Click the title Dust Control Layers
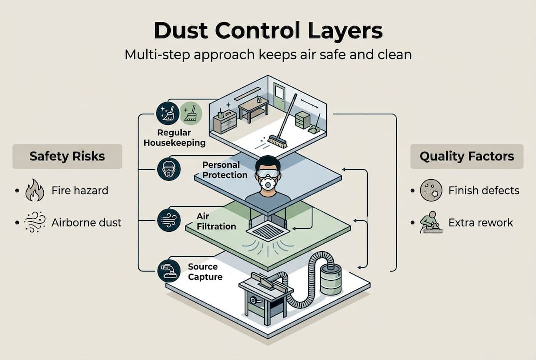tap(268, 30)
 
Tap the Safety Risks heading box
tap(67, 156)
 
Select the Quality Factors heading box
tap(466, 156)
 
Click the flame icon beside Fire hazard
tap(34, 190)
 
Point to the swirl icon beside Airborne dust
tap(34, 223)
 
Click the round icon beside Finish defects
tap(431, 190)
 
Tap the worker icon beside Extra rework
tap(430, 222)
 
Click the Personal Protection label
tap(225, 170)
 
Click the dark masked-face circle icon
tap(167, 169)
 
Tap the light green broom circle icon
tap(190, 113)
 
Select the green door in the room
tap(279, 97)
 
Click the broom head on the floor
tap(277, 141)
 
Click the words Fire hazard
tap(80, 190)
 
